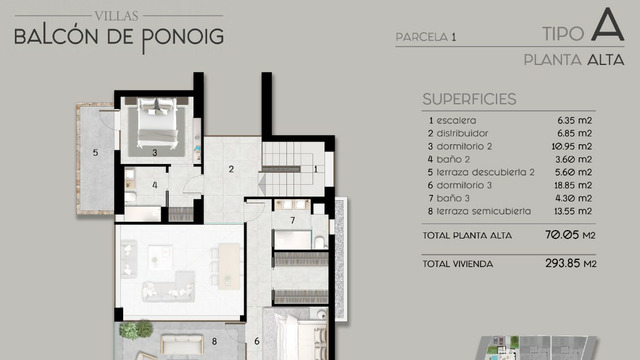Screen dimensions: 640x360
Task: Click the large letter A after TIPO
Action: click(x=608, y=25)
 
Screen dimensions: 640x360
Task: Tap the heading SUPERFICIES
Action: click(x=469, y=99)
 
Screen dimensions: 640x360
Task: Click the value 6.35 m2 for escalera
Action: click(x=575, y=120)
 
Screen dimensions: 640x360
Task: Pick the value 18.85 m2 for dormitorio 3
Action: click(x=573, y=185)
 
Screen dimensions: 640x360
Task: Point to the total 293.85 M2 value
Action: click(x=571, y=263)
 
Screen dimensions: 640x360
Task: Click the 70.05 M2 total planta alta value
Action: click(x=570, y=235)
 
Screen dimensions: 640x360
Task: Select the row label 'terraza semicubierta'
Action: click(x=484, y=211)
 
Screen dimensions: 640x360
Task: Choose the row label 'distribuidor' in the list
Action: click(x=462, y=133)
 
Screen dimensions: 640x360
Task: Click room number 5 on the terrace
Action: click(x=96, y=153)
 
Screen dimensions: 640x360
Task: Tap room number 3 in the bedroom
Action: click(x=155, y=153)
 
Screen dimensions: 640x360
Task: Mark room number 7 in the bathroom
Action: click(x=293, y=220)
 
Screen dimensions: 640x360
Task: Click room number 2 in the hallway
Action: click(x=231, y=169)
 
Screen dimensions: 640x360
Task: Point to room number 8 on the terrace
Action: click(x=214, y=341)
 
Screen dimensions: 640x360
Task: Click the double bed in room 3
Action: click(x=157, y=122)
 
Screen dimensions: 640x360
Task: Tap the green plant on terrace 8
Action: click(x=136, y=329)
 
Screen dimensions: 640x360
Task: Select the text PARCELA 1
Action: click(x=426, y=37)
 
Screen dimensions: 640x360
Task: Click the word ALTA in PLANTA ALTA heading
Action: click(x=606, y=60)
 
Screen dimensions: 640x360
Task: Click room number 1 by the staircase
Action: click(x=316, y=169)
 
